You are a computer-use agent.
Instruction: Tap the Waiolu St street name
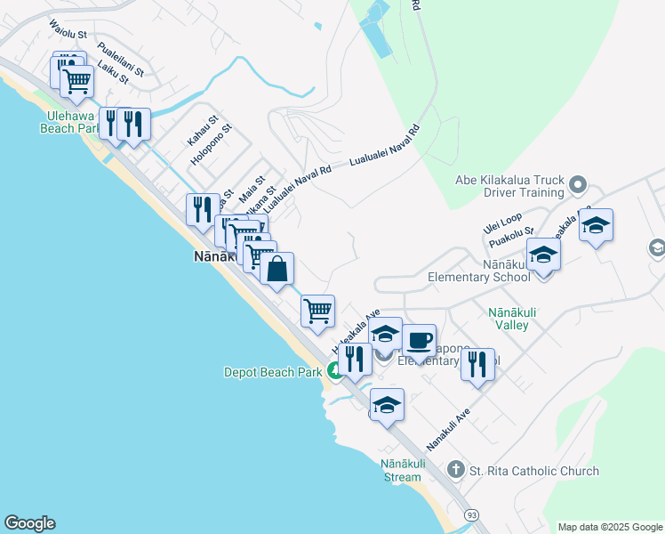click(68, 30)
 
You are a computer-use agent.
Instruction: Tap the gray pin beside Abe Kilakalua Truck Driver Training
click(578, 185)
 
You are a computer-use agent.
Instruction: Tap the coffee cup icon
click(419, 340)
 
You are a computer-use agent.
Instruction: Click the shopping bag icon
click(276, 268)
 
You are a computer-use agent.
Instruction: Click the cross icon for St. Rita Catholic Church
click(455, 470)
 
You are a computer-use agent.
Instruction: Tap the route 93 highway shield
click(471, 514)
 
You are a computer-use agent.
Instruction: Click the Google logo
click(29, 523)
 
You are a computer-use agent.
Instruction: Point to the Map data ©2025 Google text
click(610, 527)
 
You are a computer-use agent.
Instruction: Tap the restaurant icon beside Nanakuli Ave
click(477, 363)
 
